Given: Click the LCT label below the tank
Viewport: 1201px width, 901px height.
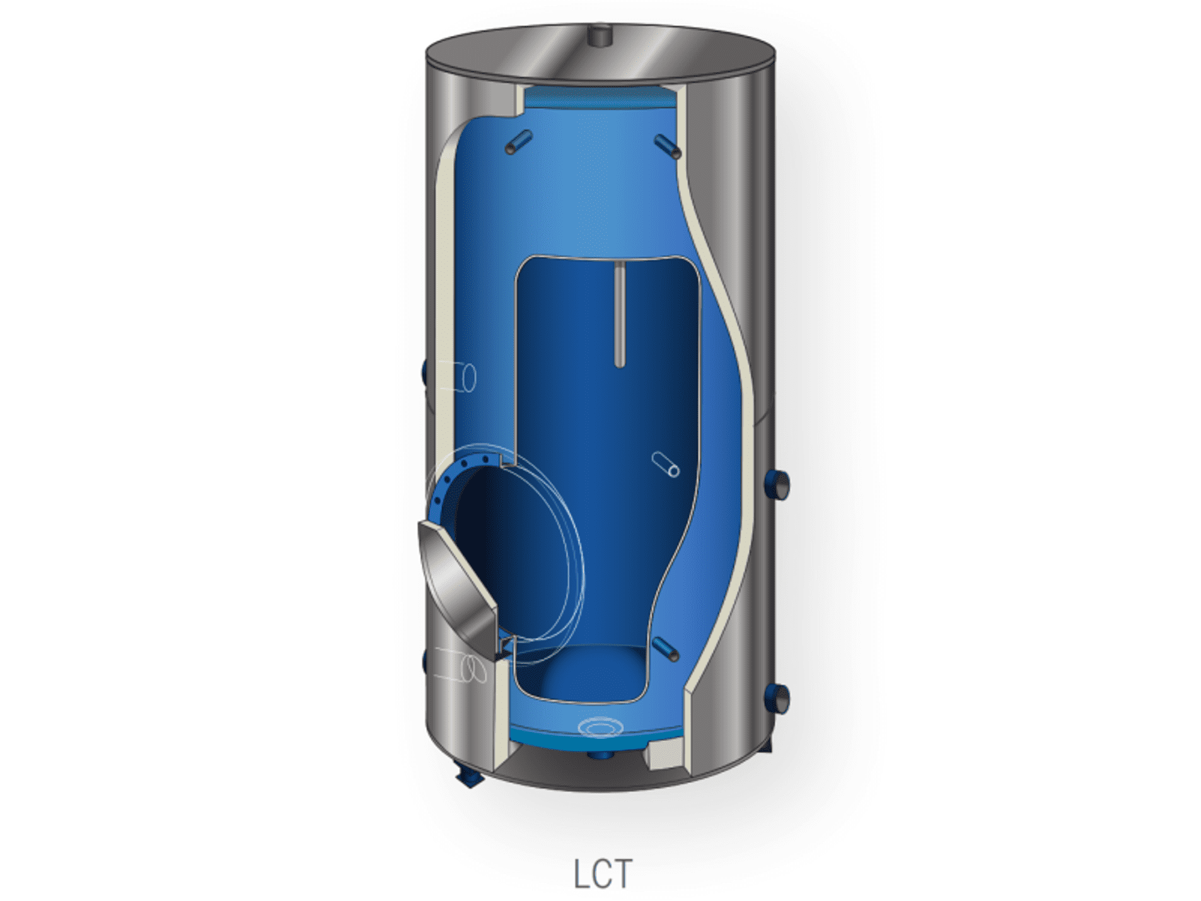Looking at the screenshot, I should tap(601, 873).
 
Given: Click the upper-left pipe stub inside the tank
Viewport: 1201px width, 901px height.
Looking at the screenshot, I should tap(518, 142).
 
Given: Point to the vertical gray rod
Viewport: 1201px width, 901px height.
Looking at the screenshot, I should tap(619, 313).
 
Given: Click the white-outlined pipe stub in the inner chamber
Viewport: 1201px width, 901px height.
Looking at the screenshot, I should tap(665, 464).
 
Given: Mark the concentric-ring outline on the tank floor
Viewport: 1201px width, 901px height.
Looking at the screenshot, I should tap(600, 727).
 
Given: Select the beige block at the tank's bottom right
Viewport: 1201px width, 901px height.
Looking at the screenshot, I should tap(663, 753).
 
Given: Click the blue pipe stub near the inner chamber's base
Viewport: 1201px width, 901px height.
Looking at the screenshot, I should tap(665, 649).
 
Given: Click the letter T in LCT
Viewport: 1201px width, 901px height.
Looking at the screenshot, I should tap(620, 873).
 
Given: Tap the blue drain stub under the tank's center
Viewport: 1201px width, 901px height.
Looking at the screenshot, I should tap(599, 755).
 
